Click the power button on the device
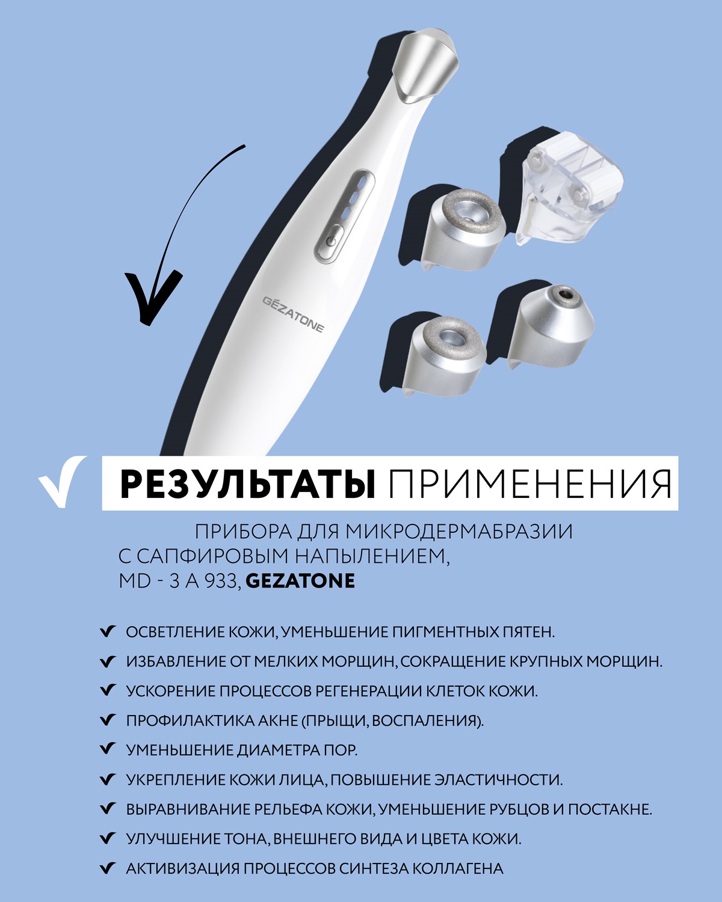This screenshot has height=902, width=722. pyautogui.click(x=329, y=242)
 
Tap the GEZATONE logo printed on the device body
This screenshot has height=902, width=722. pyautogui.click(x=293, y=313)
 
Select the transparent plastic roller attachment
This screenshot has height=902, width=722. pyautogui.click(x=566, y=192)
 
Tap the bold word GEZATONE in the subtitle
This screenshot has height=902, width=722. pyautogui.click(x=301, y=581)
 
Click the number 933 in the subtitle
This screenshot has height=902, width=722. pyautogui.click(x=221, y=581)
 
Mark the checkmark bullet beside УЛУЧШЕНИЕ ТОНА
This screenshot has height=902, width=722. pyautogui.click(x=107, y=838)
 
